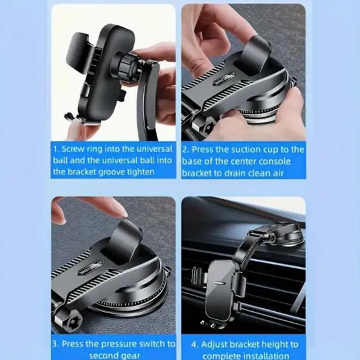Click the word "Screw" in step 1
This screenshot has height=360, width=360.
point(73,149)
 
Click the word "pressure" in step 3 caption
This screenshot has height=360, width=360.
point(119,344)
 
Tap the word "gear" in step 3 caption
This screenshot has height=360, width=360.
point(131,356)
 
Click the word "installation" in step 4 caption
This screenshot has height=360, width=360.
point(267,356)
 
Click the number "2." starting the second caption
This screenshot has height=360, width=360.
point(186,150)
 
